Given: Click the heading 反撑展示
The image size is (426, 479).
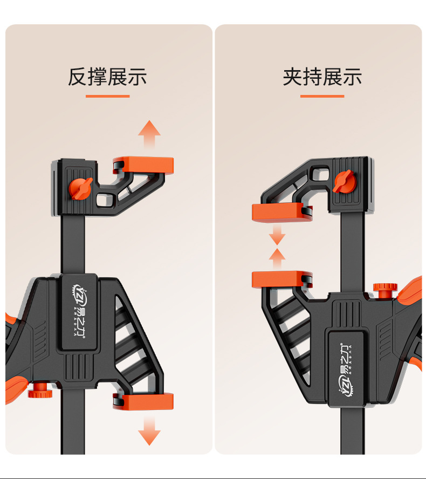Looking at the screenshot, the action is coord(107,77).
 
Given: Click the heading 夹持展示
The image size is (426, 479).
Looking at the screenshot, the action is coord(322,77).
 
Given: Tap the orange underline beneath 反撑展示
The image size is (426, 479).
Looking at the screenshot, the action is coord(107,96).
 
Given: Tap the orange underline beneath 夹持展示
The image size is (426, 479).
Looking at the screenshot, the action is coord(322,96).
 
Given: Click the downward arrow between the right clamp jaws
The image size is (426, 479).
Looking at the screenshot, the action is coord(277,235).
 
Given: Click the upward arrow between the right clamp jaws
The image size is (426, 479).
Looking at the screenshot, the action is coord(277,258).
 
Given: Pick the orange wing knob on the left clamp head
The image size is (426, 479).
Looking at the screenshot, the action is coord(80,187).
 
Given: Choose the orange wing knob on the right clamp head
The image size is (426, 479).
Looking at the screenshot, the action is coord(343,181).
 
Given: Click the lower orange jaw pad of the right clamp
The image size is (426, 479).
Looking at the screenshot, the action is coord(280,279).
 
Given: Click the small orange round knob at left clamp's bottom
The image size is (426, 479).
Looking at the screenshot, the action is coord(38,389).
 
